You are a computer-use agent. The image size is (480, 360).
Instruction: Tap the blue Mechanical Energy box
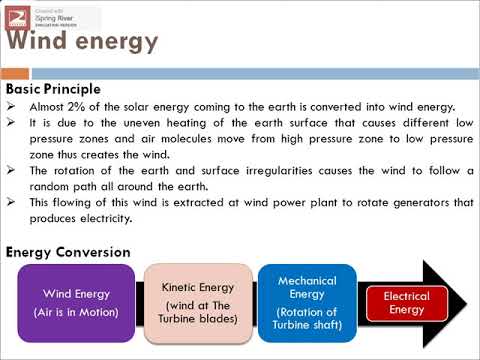click(x=306, y=302)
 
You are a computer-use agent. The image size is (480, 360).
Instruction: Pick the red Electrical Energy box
click(x=407, y=303)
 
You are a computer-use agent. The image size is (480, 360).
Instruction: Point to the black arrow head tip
click(x=468, y=303)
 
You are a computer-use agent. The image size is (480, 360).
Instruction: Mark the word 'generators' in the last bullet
click(x=396, y=203)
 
